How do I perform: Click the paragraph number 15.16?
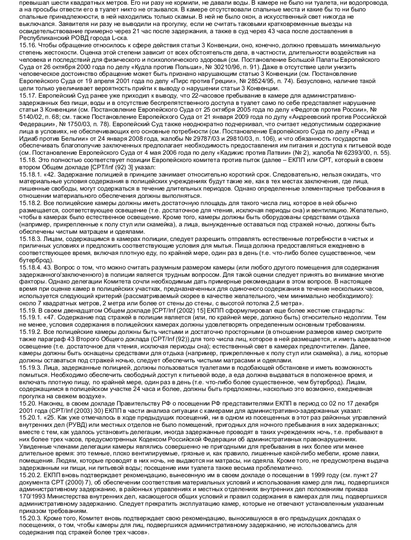(25, 46)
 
